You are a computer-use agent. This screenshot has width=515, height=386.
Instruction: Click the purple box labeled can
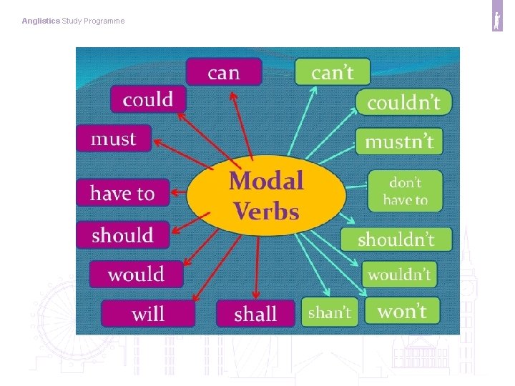[x=224, y=72]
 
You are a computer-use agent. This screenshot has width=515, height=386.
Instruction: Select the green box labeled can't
[x=333, y=72]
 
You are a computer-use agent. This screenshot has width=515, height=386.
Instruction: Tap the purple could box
[x=148, y=99]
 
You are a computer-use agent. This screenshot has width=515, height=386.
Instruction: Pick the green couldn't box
[x=403, y=102]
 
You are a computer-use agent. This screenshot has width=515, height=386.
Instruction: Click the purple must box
[x=114, y=139]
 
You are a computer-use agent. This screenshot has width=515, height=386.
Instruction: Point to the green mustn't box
[x=399, y=141]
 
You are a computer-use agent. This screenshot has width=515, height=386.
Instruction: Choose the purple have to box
[x=122, y=193]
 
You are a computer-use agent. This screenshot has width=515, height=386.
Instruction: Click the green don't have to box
[x=405, y=191]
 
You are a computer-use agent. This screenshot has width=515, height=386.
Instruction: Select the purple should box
[x=123, y=235]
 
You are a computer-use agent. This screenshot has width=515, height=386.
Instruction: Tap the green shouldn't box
[x=396, y=239]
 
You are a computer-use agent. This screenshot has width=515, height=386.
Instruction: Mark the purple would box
[x=136, y=274]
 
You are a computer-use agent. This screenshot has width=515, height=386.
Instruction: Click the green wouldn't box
[x=399, y=274]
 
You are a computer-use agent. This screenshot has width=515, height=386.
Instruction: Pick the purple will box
[x=148, y=314]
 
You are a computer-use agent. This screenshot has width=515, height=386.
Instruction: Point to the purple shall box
[x=255, y=314]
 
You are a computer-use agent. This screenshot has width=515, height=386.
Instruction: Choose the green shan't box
[x=330, y=312]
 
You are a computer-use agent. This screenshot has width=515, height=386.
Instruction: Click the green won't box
[x=402, y=311]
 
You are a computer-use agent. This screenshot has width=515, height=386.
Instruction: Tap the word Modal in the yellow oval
[x=266, y=180]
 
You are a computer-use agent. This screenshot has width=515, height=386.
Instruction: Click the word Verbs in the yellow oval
[x=266, y=211]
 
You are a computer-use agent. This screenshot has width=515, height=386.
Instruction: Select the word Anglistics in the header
[x=41, y=21]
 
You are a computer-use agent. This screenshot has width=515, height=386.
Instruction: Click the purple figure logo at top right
[x=497, y=21]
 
